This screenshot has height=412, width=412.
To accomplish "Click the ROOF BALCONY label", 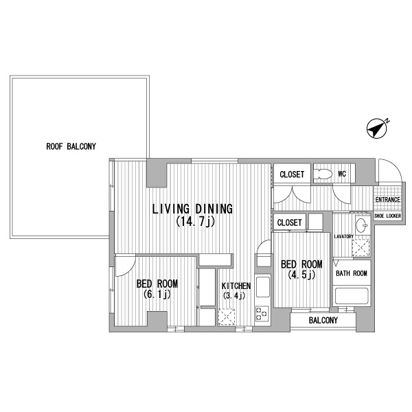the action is pyautogui.click(x=71, y=146).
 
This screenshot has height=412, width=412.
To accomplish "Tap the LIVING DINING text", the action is pyautogui.click(x=192, y=209).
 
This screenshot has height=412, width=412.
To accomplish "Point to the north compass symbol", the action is pyautogui.click(x=378, y=128).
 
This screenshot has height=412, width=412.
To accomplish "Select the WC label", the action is pyautogui.click(x=342, y=174).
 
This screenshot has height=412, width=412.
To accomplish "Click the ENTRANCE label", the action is pyautogui.click(x=387, y=200).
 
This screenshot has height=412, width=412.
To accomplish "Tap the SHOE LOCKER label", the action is pyautogui.click(x=387, y=216).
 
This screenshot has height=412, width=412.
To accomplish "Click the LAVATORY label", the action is pyautogui.click(x=344, y=236).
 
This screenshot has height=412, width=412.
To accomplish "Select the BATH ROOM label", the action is pyautogui.click(x=352, y=273).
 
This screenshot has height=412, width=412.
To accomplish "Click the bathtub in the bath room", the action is pyautogui.click(x=352, y=296).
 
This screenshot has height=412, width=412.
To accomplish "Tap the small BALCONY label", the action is pyautogui.click(x=323, y=320).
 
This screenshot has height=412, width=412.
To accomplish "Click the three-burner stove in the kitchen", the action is pyautogui.click(x=262, y=314).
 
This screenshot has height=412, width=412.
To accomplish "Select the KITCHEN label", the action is pyautogui.click(x=236, y=286).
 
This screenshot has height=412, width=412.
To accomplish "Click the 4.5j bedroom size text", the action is pyautogui.click(x=301, y=275).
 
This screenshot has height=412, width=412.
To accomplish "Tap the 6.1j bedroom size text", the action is pyautogui.click(x=157, y=295).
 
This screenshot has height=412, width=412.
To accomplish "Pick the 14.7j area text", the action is pyautogui.click(x=196, y=222).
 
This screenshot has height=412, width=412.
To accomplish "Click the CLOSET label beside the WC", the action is pyautogui.click(x=292, y=174).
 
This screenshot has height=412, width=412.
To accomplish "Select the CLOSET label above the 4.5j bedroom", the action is pyautogui.click(x=289, y=222).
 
